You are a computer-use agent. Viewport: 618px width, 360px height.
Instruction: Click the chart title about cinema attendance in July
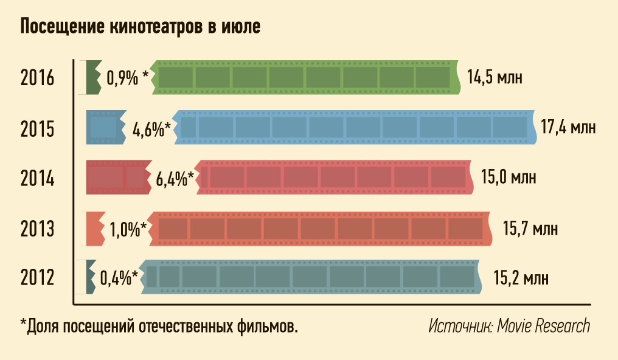coord(141,27)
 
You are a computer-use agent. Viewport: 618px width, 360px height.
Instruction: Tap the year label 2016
coord(38,78)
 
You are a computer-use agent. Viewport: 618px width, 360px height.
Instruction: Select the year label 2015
coord(38,129)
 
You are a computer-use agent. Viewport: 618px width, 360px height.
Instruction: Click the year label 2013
coord(38,229)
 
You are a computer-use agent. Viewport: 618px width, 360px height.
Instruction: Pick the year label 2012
coord(38,279)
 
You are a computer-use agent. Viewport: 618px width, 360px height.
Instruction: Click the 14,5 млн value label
coord(495,78)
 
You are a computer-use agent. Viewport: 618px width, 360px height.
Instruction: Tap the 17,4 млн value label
coord(568,128)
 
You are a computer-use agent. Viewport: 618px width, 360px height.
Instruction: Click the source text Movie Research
coord(509,326)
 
